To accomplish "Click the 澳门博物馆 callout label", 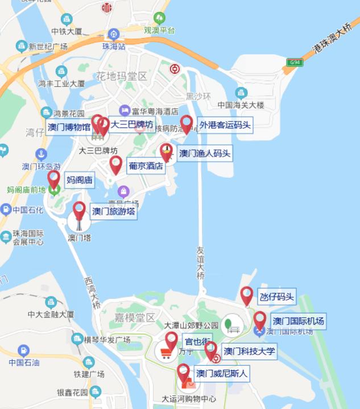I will [69, 127].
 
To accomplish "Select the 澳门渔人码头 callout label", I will [205, 153].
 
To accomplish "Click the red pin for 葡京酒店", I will [116, 165].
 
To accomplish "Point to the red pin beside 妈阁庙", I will [53, 179].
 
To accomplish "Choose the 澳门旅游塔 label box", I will [114, 211].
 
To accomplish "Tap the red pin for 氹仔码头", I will [246, 295].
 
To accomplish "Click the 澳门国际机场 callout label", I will [297, 322].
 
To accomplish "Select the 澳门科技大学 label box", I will [249, 351].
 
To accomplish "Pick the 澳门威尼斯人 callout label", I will [222, 373].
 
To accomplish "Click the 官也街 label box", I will [197, 342].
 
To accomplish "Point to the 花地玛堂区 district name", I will [121, 76].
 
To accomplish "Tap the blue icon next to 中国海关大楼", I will [241, 93].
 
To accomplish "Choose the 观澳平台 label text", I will [159, 30].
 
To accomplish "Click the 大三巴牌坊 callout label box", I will [131, 124].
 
